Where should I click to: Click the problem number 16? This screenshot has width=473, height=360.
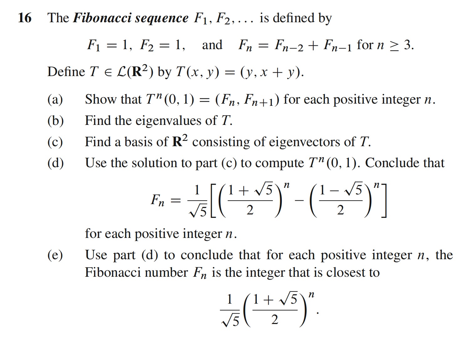[x=25, y=18]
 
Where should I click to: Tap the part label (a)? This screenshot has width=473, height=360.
[x=55, y=100]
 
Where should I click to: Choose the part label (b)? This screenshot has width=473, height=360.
[x=55, y=121]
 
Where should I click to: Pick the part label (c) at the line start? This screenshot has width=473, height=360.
[x=55, y=142]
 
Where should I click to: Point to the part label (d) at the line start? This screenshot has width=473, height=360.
[x=55, y=163]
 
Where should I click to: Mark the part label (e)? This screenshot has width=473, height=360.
[x=55, y=255]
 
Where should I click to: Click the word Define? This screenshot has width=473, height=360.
[x=66, y=72]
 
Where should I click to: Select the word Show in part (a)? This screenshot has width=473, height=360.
[x=101, y=99]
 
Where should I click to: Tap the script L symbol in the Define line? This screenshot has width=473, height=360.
[x=121, y=72]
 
